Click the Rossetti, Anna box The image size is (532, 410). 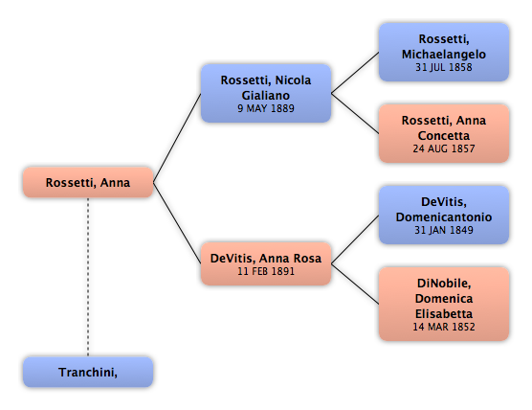click(88, 182)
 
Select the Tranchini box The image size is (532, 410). click(88, 372)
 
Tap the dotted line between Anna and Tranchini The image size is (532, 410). click(88, 277)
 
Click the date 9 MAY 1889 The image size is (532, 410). click(266, 108)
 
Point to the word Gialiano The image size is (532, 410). click(266, 95)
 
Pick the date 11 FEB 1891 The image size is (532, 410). click(266, 271)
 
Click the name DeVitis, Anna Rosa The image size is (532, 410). click(266, 258)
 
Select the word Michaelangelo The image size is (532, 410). click(444, 55)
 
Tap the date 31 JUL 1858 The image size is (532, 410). click(444, 67)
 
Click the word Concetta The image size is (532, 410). click(444, 135)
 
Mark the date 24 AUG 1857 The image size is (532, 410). click(444, 148)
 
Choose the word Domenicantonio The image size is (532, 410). click(444, 217)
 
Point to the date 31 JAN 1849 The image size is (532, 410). click(444, 230)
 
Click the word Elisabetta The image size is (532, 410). click(444, 313)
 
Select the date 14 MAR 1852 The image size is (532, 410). click(444, 327)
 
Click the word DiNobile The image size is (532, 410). click(444, 284)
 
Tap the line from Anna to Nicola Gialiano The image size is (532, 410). click(177, 138)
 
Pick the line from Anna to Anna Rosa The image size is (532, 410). click(177, 223)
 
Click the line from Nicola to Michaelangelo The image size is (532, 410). click(355, 73)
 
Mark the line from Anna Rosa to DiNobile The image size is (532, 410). click(355, 284)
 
